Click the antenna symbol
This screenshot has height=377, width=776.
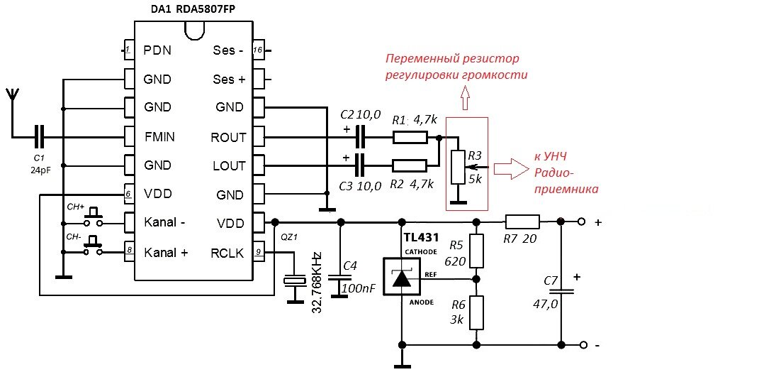(x=12, y=95)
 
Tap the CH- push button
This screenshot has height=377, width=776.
(x=92, y=248)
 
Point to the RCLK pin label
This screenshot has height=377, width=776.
(x=227, y=252)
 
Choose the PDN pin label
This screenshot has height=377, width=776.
(x=157, y=50)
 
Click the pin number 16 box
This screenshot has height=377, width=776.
(x=259, y=50)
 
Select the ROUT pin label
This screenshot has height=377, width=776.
(x=228, y=137)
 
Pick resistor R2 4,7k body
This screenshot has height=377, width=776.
(x=410, y=165)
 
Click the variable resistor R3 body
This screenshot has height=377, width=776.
(x=458, y=168)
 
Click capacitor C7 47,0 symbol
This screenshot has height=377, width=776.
(x=561, y=290)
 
